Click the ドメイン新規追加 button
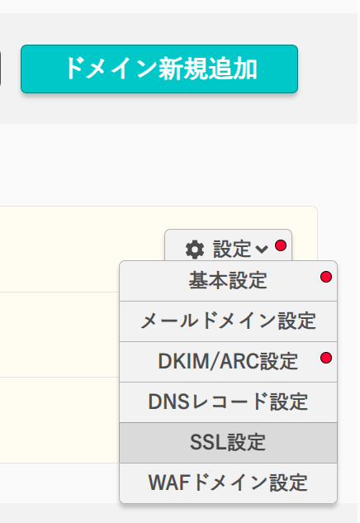159,69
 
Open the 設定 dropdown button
229,246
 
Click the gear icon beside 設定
195,250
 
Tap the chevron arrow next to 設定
262,249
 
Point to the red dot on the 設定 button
281,245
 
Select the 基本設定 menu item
229,281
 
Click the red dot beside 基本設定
326,277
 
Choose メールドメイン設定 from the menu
229,321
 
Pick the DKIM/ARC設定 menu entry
229,362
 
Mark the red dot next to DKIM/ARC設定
326,358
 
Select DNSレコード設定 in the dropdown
229,402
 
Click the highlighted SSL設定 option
229,443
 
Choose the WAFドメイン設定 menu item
229,483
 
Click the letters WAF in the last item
169,483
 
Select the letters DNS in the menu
169,402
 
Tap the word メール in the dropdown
170,321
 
